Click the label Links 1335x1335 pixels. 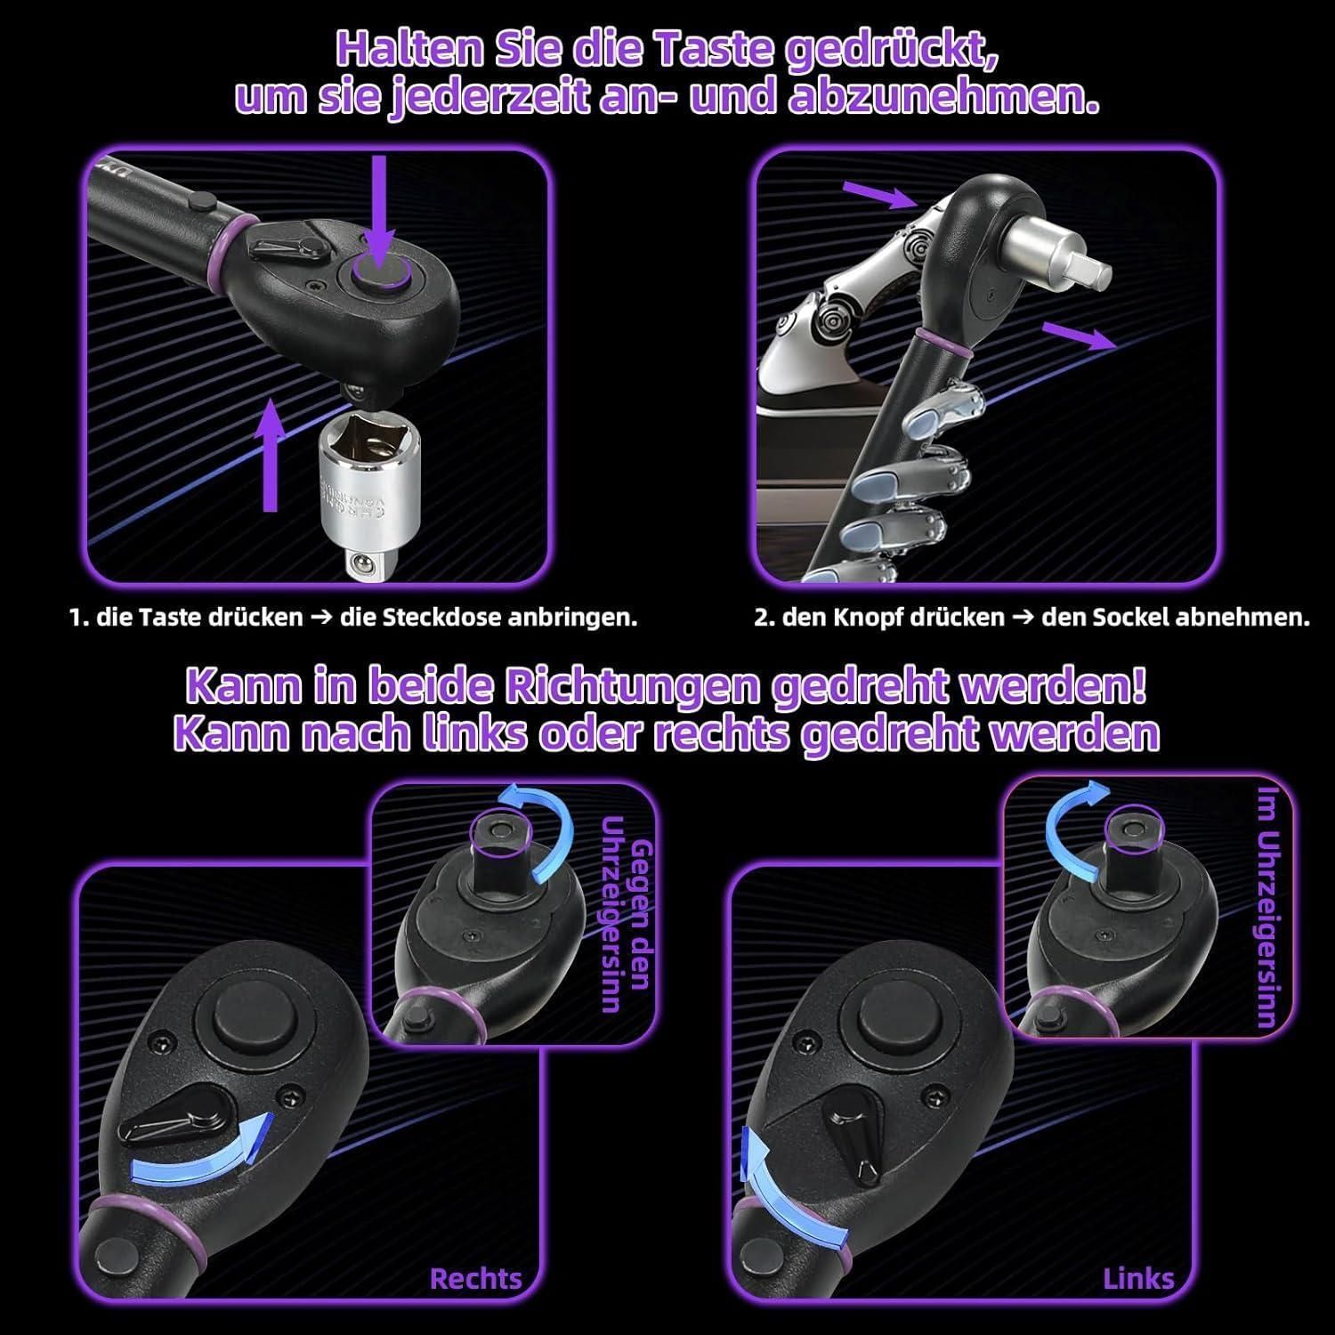1138,1279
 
